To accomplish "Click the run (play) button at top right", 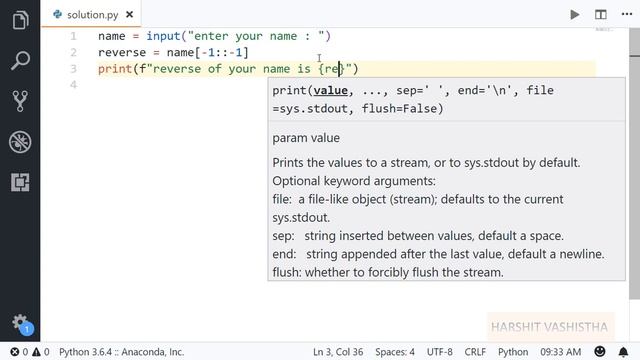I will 575,14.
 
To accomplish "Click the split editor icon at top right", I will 601,14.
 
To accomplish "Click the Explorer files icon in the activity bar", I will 20,21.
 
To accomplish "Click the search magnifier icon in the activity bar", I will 20,62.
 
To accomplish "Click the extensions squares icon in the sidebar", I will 20,183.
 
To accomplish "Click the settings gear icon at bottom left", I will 19,322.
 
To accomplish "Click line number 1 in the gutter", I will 73,36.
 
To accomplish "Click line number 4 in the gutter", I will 73,85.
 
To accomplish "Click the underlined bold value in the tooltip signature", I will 330,91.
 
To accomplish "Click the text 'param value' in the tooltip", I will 306,138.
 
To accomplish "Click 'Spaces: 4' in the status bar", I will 396,352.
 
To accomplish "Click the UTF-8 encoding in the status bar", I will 440,352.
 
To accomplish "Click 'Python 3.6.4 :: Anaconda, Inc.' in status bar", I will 121,352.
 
